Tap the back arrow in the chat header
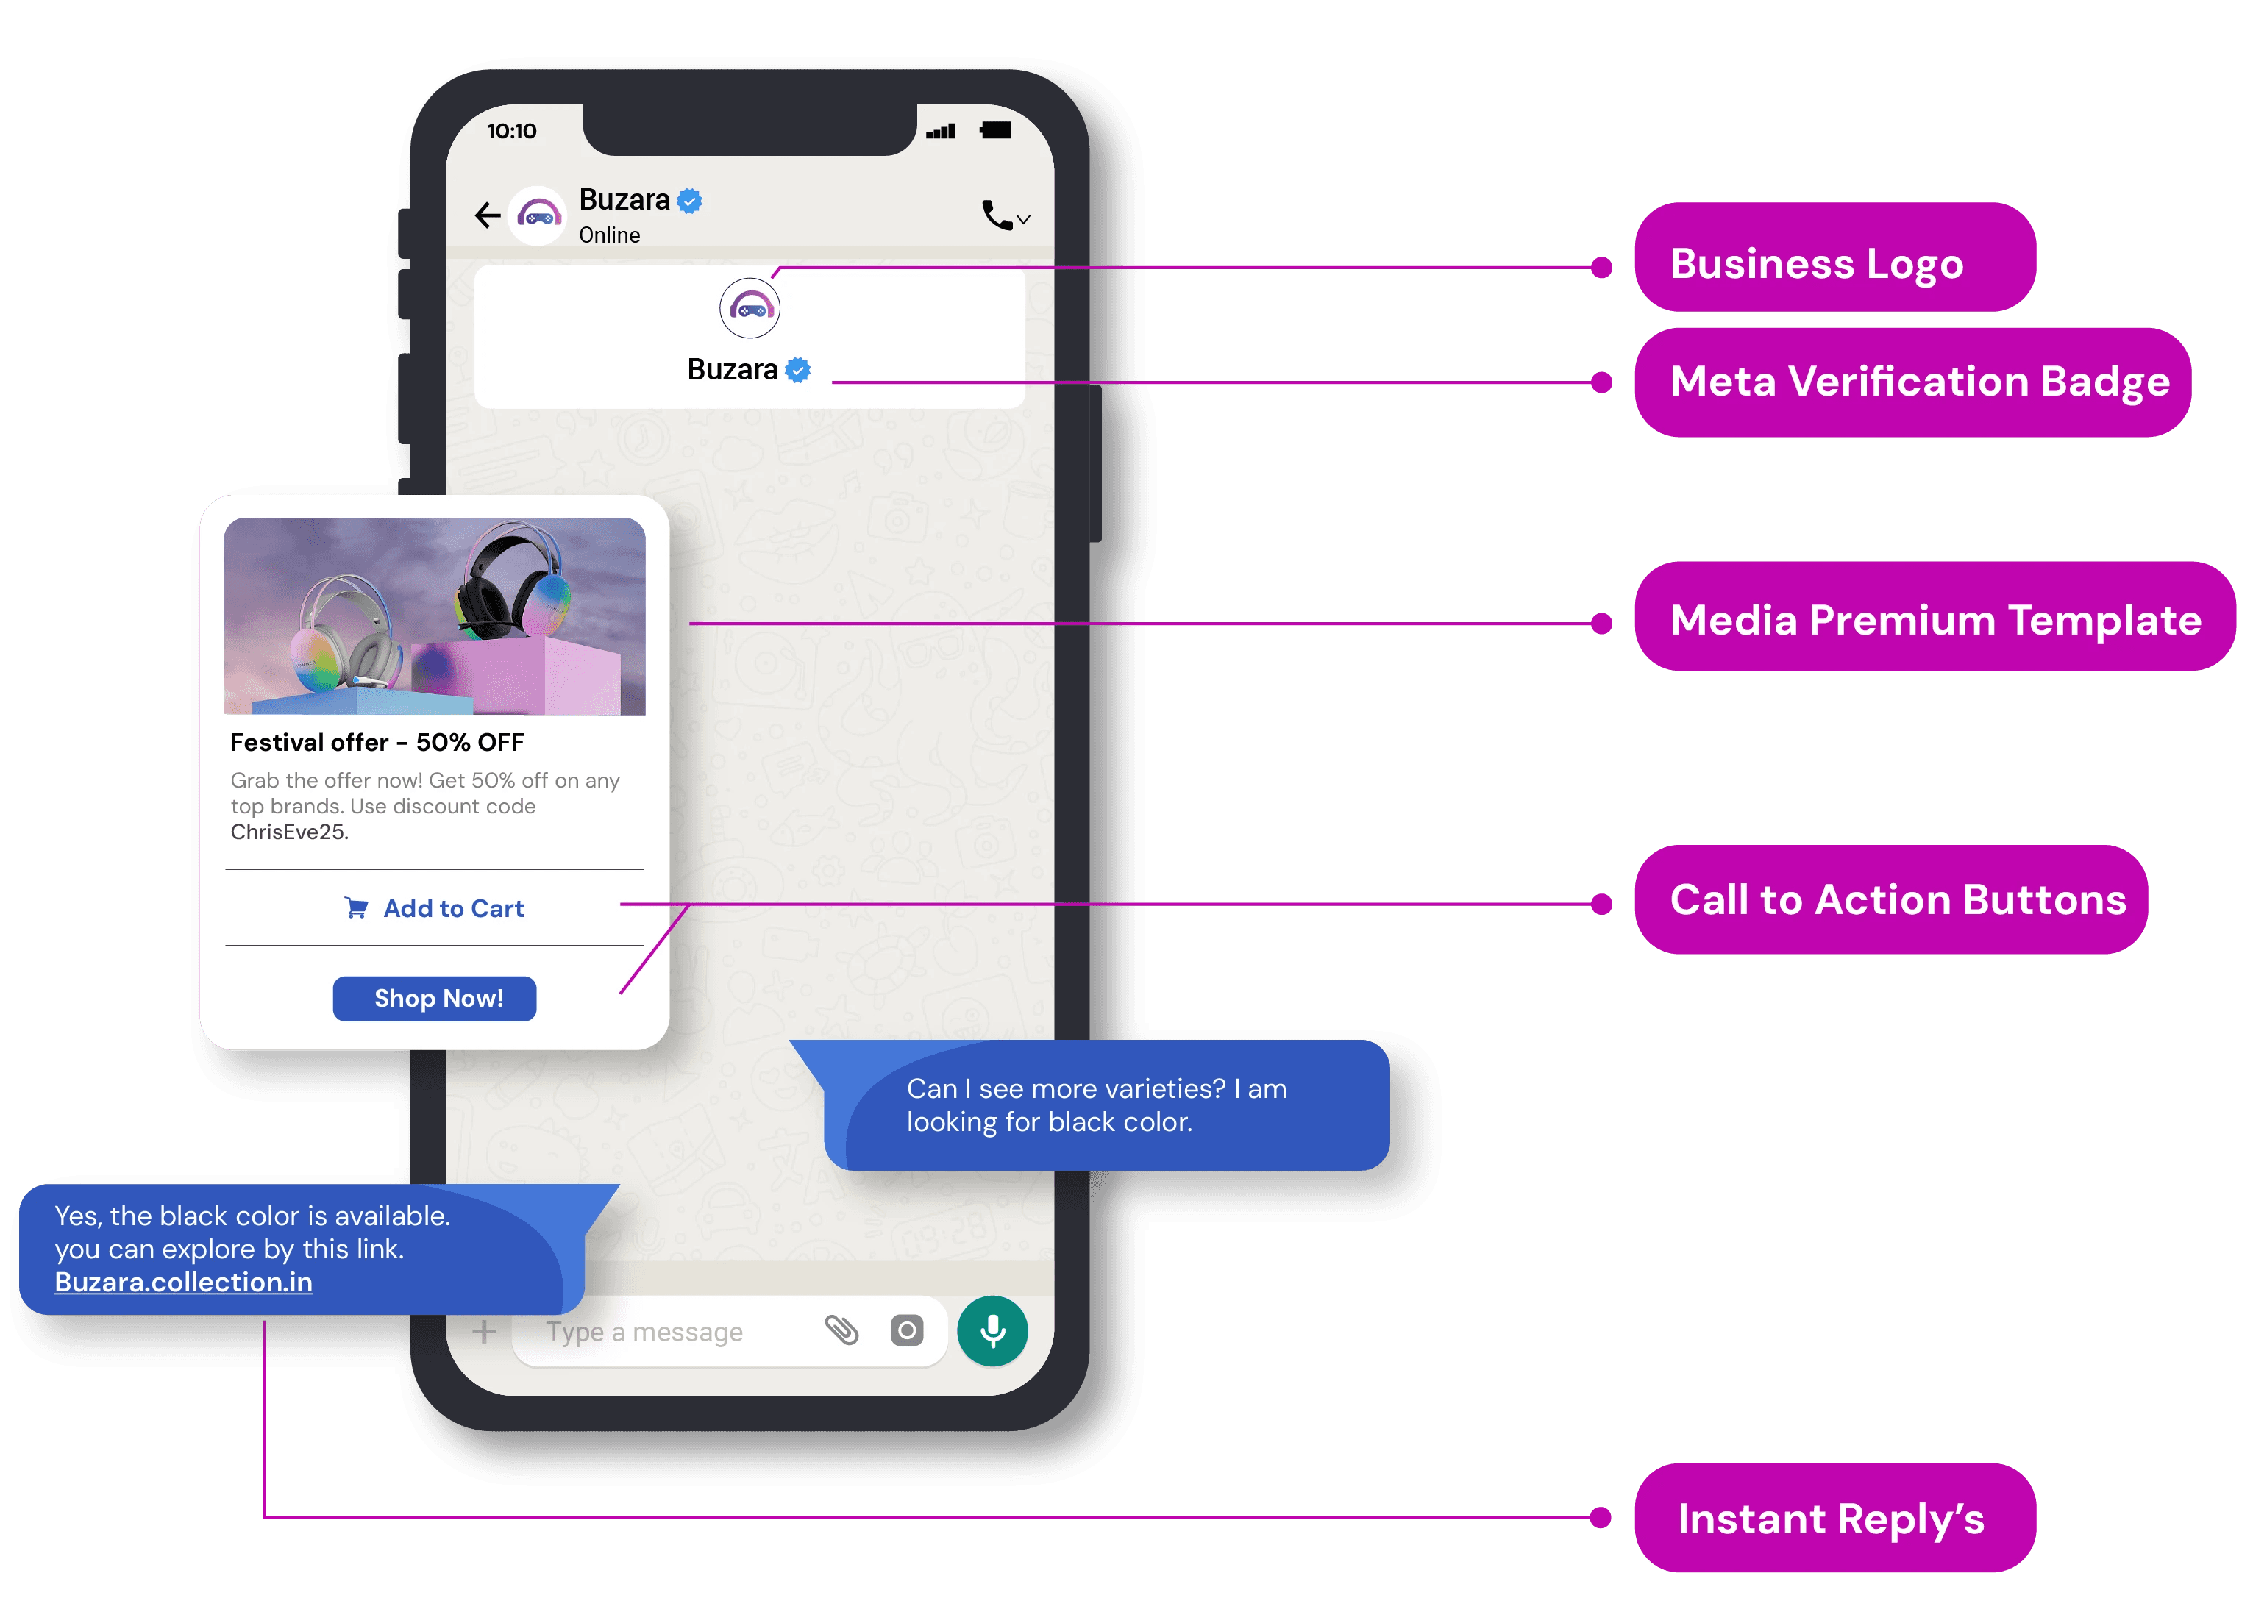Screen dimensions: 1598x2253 coord(487,215)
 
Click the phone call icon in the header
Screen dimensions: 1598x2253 coord(997,215)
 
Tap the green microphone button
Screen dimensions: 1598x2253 coord(992,1331)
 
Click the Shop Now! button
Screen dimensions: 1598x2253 coord(434,999)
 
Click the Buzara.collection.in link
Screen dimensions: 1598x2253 coord(184,1282)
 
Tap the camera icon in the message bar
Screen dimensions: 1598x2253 coord(906,1331)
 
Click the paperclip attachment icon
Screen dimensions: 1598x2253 coord(841,1330)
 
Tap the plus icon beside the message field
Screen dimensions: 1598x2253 coord(483,1333)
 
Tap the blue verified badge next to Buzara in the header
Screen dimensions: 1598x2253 coord(691,201)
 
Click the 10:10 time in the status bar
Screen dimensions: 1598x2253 coord(512,131)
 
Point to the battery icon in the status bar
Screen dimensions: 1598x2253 coord(996,131)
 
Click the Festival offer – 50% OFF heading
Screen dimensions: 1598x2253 coord(377,743)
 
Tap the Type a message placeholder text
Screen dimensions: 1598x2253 coord(644,1333)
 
